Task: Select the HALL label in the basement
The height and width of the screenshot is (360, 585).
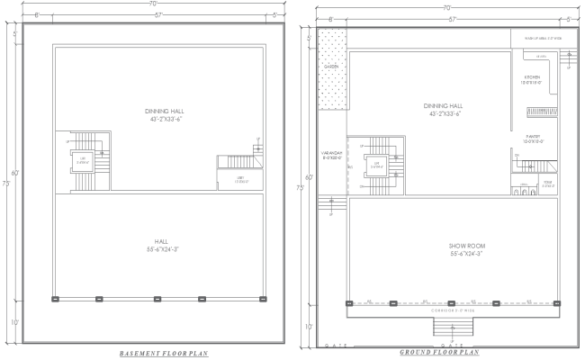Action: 161,241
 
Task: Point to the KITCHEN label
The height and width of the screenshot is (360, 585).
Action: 533,77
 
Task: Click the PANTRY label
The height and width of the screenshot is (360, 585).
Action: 532,137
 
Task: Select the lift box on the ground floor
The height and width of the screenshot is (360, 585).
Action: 373,165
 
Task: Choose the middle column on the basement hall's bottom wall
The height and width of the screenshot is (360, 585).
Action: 157,298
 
